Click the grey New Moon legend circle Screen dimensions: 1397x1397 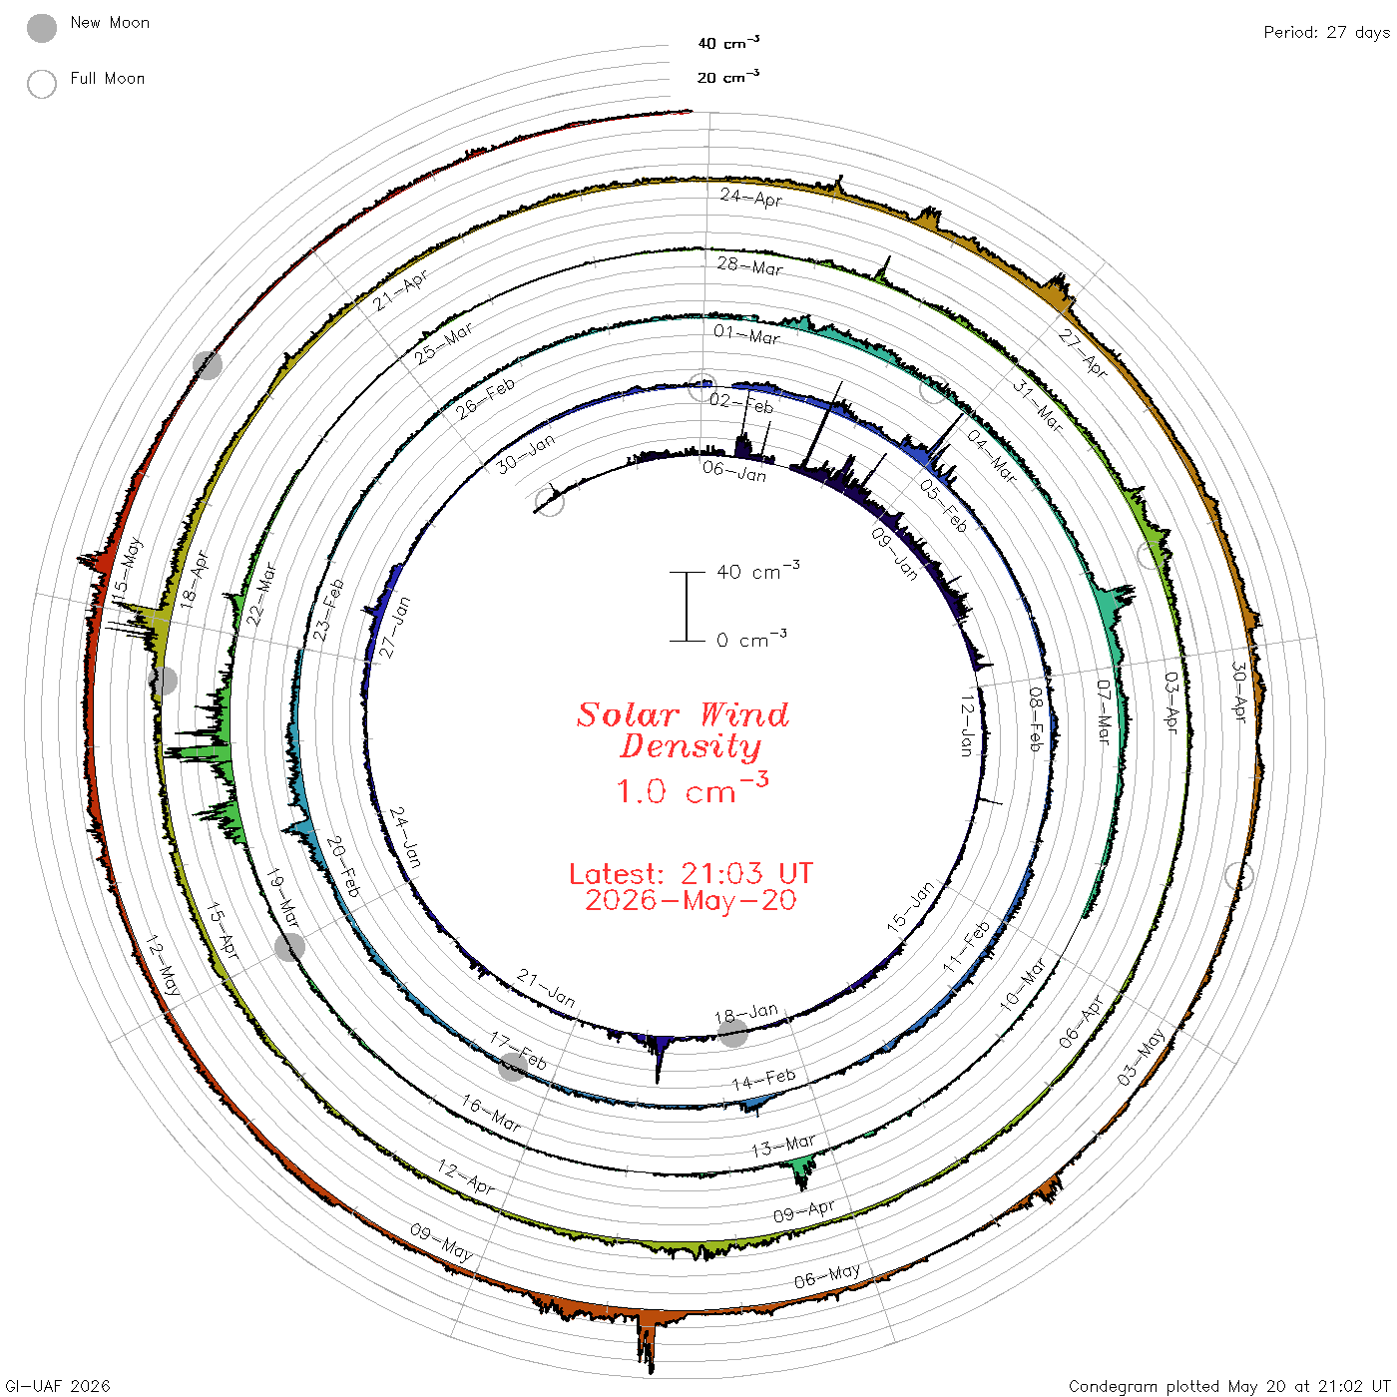point(41,28)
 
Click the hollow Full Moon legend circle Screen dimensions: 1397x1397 point(41,84)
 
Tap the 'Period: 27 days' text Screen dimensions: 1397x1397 point(1326,33)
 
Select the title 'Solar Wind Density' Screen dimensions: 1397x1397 point(683,730)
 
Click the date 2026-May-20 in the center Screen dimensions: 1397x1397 point(691,900)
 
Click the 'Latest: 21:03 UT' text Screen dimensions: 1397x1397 point(691,873)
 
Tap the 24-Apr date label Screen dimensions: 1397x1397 point(750,198)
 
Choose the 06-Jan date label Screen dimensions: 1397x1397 point(733,471)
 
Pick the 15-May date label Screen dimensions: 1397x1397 point(128,571)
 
